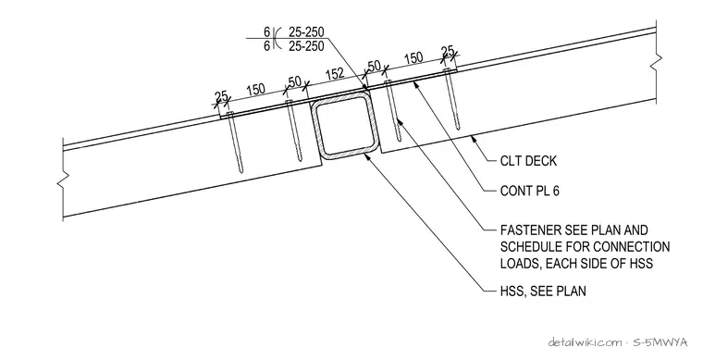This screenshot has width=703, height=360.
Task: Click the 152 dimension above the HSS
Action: (335, 73)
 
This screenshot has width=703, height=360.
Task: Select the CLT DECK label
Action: (528, 160)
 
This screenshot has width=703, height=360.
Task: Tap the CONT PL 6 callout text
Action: (529, 191)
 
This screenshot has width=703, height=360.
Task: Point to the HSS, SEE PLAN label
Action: (543, 291)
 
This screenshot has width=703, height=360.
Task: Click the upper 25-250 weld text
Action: (306, 31)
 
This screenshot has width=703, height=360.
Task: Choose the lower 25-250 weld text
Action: (306, 45)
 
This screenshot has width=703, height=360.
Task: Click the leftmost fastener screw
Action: (236, 143)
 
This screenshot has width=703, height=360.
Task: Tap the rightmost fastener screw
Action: (452, 99)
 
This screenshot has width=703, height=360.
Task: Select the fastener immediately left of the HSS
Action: (293, 130)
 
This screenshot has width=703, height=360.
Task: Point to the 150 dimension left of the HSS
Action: (256, 90)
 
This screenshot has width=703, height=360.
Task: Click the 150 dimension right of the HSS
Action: (413, 57)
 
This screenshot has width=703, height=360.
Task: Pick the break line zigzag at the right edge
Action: (657, 62)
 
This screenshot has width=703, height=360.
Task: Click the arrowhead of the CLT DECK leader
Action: (473, 138)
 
